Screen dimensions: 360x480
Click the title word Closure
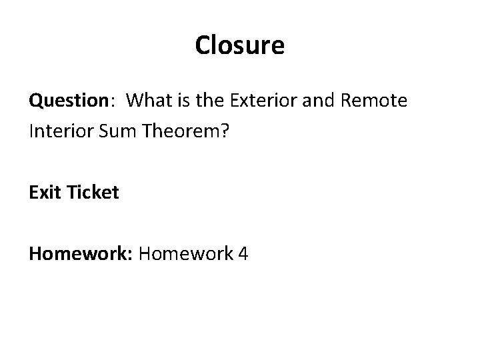click(x=240, y=45)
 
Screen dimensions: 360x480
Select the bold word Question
click(x=68, y=101)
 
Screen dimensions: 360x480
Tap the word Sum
click(x=115, y=131)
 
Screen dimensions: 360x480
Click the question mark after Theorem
click(x=224, y=131)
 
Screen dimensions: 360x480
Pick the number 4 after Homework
click(x=241, y=253)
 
